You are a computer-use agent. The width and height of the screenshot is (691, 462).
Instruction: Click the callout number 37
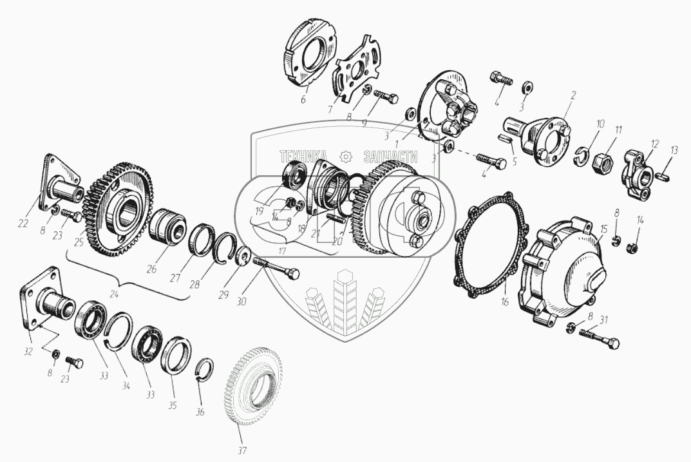click(243, 450)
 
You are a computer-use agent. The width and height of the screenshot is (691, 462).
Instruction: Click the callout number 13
click(674, 149)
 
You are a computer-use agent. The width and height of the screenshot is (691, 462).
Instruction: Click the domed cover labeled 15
click(567, 271)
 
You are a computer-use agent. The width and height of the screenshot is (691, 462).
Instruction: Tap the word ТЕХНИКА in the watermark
click(303, 156)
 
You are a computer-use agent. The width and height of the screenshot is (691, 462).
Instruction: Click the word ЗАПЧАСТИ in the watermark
click(391, 156)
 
